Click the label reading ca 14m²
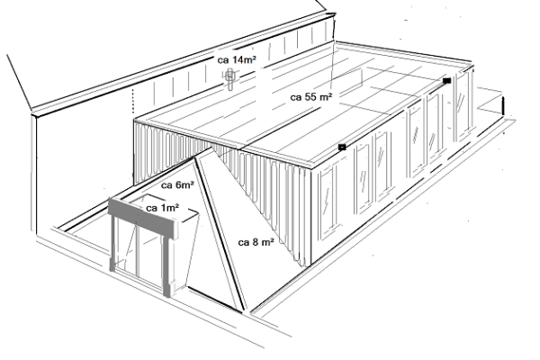click(x=237, y=59)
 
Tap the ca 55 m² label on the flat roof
click(x=311, y=97)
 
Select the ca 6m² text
click(x=177, y=185)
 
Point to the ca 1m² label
click(x=163, y=208)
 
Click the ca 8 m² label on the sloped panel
click(x=256, y=242)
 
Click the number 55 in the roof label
click(x=310, y=97)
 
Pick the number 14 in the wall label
click(x=237, y=59)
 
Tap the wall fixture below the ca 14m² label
click(x=229, y=78)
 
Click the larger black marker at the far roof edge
click(x=446, y=81)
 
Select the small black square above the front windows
click(x=342, y=147)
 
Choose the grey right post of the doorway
click(x=167, y=265)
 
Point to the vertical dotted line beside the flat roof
click(x=133, y=101)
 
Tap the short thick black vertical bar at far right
click(x=503, y=106)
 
